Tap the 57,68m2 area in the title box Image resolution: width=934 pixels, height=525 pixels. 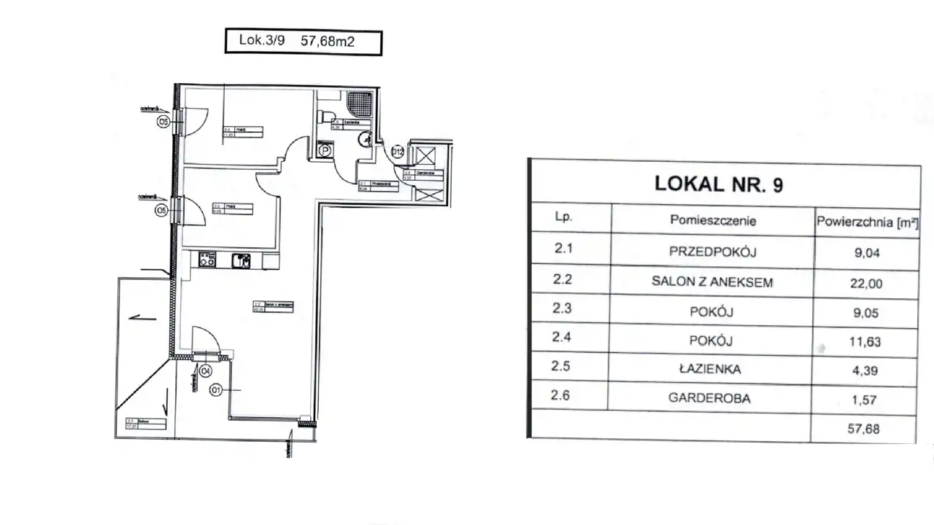pyautogui.click(x=328, y=42)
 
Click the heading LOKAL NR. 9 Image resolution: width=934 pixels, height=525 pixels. pyautogui.click(x=719, y=184)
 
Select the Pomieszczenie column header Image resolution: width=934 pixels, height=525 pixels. pyautogui.click(x=712, y=219)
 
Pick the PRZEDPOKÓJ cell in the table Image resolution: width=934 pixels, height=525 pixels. pyautogui.click(x=712, y=252)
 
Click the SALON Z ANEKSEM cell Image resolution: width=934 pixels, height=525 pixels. pyautogui.click(x=712, y=282)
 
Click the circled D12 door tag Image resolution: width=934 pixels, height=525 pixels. pyautogui.click(x=398, y=152)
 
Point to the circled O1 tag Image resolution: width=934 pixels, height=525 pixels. pyautogui.click(x=216, y=390)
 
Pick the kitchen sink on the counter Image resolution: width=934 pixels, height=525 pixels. pyautogui.click(x=241, y=260)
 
